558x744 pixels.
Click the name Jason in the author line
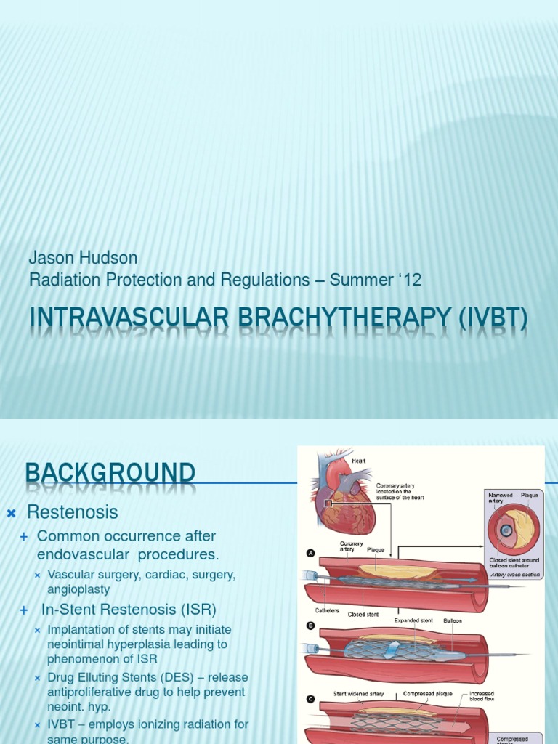(x=50, y=257)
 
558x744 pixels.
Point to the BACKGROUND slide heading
(x=110, y=474)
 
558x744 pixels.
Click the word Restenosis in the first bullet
(x=72, y=512)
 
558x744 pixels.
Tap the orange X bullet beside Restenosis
(x=11, y=514)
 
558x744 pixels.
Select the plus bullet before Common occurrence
(x=24, y=537)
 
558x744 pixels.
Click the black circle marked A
(x=310, y=553)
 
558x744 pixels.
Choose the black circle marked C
(x=310, y=699)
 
